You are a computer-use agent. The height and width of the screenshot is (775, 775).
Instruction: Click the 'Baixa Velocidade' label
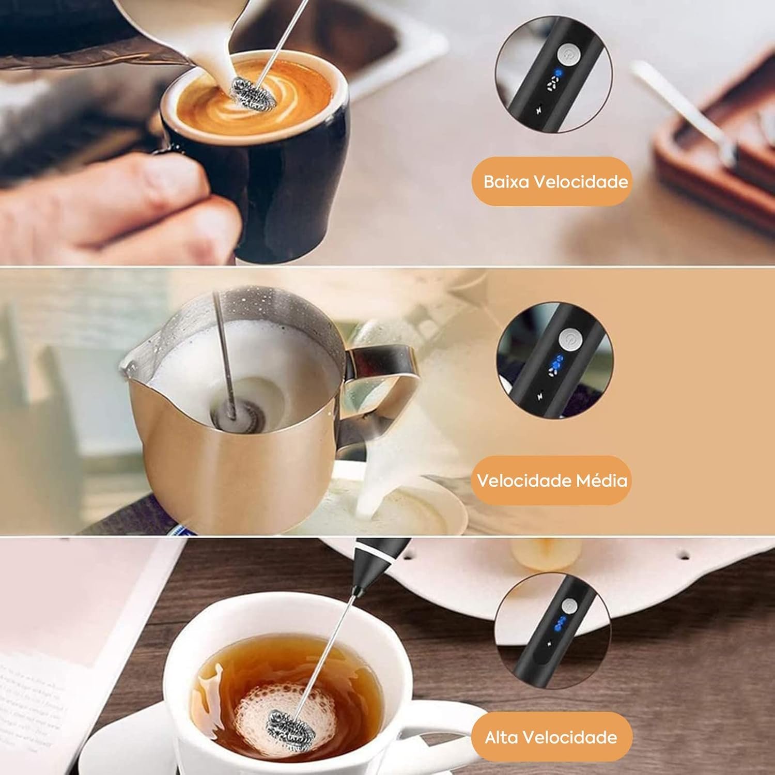[555, 182]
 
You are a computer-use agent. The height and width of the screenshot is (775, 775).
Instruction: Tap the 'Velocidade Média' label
[552, 481]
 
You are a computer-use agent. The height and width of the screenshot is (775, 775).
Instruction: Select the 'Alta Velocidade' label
[551, 737]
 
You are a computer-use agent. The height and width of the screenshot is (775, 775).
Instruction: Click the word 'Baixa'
[506, 182]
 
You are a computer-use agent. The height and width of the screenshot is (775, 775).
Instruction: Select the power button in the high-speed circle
[569, 606]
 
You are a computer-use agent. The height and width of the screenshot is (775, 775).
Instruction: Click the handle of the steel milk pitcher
[382, 377]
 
